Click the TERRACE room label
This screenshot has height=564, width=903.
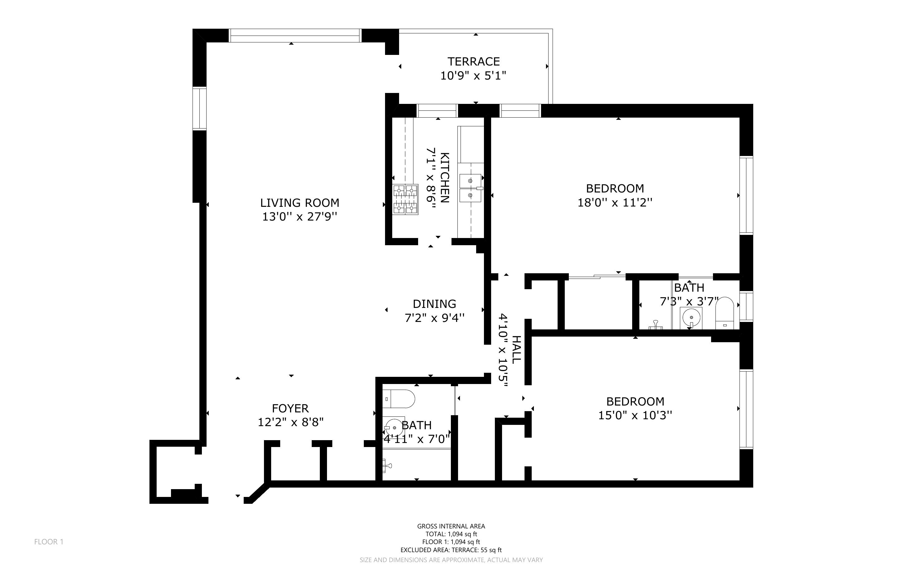pos(473,61)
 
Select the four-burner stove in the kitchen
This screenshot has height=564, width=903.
pos(405,200)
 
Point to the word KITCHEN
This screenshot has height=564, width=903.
pos(445,177)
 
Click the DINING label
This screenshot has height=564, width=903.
pos(434,304)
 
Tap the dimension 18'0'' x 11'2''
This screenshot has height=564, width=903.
pos(615,203)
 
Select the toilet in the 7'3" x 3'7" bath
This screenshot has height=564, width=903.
pos(724,313)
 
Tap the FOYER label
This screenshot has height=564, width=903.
pos(290,408)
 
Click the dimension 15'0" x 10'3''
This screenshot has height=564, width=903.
pos(635,415)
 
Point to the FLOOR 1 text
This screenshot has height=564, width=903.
pos(49,542)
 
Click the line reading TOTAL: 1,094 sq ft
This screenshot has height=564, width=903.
pos(451,534)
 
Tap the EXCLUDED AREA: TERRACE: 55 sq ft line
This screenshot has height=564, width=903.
pos(451,550)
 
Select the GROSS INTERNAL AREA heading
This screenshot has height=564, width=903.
pos(451,526)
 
